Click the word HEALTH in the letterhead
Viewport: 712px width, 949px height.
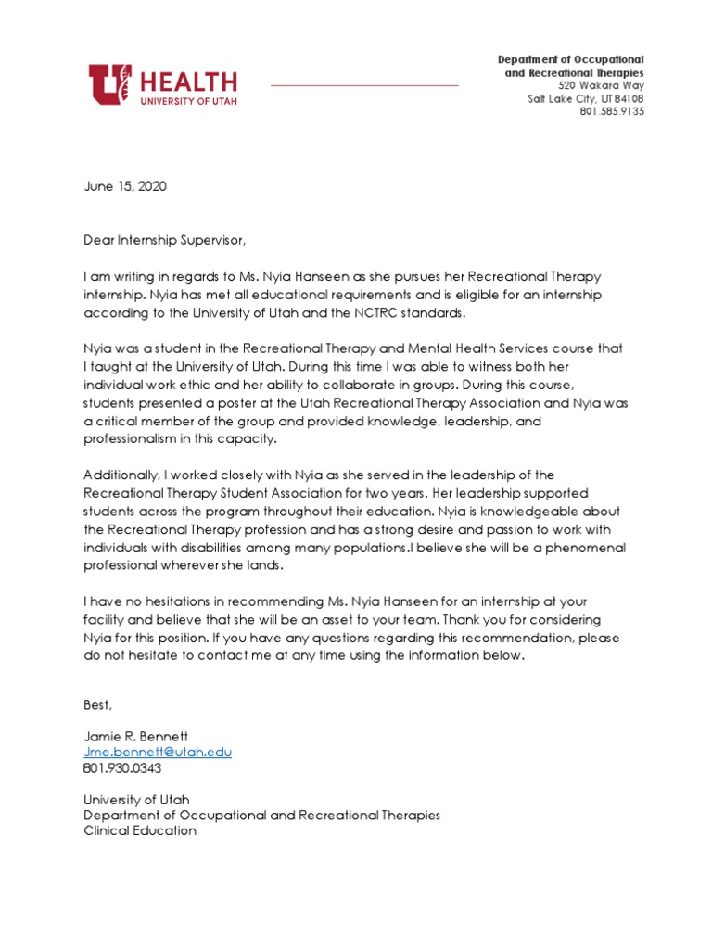click(x=189, y=81)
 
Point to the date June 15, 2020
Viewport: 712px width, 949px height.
click(x=124, y=186)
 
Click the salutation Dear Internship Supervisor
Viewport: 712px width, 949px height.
click(x=166, y=240)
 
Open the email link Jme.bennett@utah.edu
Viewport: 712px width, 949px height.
click(x=158, y=752)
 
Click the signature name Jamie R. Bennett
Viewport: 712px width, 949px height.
click(x=135, y=736)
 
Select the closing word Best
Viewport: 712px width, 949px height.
click(x=97, y=705)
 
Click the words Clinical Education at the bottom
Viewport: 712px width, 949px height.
click(x=140, y=831)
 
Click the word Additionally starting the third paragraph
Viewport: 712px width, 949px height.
click(x=121, y=475)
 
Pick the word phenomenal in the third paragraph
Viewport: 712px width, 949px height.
click(x=586, y=548)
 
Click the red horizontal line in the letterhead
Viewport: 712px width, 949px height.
click(x=364, y=85)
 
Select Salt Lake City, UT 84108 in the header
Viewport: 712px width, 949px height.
click(x=586, y=98)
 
